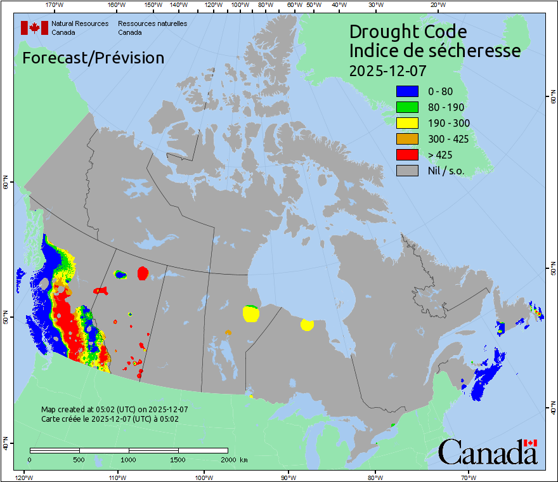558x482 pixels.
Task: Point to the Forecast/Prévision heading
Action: [x=93, y=58]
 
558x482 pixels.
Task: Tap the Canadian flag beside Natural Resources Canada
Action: [x=34, y=27]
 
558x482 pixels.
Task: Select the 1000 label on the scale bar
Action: [x=129, y=459]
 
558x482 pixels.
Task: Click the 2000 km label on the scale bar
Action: [x=233, y=459]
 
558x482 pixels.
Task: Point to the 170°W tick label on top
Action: [x=55, y=5]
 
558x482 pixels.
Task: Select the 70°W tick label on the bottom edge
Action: [x=468, y=477]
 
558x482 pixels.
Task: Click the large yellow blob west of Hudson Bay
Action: [x=251, y=313]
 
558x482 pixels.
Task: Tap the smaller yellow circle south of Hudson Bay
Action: [x=307, y=325]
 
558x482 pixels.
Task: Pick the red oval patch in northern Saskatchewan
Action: [x=143, y=273]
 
